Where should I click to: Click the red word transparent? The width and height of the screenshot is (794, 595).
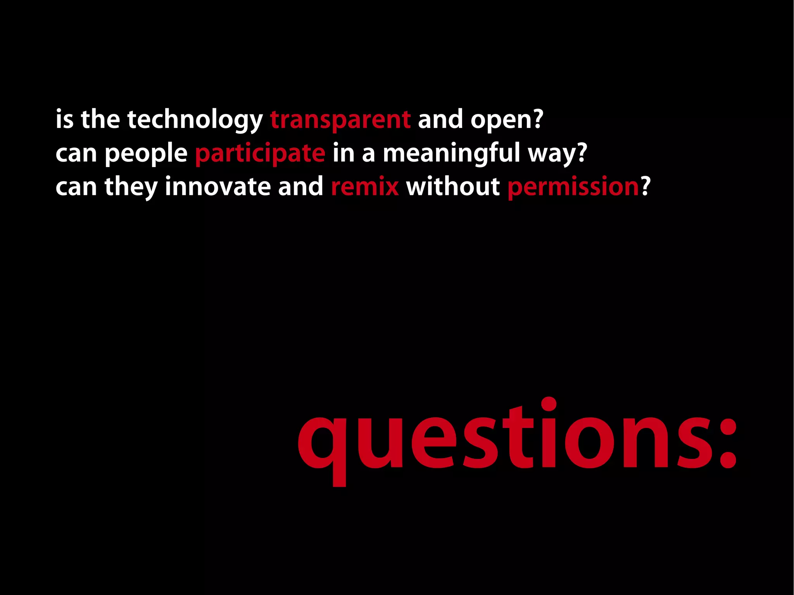point(340,120)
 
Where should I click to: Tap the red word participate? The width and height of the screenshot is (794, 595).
point(260,153)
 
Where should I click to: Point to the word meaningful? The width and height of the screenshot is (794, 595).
point(451,153)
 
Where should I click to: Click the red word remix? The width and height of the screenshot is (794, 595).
point(365,187)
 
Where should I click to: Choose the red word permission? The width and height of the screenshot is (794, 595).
point(573,187)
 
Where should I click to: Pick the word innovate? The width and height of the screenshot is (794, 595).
point(217,187)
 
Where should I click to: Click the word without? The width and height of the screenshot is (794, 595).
point(453,187)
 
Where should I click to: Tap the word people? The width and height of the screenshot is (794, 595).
point(146,153)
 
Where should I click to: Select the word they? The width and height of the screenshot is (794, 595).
point(131,187)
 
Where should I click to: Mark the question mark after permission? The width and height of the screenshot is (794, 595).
point(646,187)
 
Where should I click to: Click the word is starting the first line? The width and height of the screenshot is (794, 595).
point(64,120)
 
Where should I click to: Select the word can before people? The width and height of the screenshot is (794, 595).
point(76,153)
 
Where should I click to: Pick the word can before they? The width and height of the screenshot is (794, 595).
point(76,187)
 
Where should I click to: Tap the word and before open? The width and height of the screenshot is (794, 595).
point(440,120)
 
